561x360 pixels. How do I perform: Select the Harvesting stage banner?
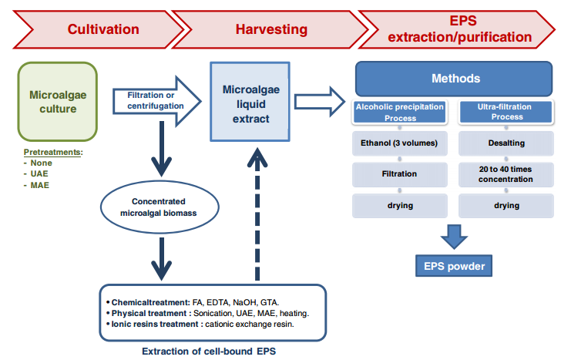click(270, 29)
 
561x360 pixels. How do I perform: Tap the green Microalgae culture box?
click(58, 102)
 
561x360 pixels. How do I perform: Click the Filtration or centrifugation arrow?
click(156, 101)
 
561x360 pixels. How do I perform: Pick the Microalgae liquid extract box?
click(250, 102)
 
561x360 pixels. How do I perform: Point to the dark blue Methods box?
click(454, 79)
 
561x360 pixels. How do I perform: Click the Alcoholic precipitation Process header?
click(400, 113)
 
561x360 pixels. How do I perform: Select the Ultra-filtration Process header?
click(506, 113)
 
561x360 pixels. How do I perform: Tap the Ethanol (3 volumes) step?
click(400, 143)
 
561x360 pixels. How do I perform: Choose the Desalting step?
click(506, 143)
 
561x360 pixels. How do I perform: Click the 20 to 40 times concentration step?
click(506, 174)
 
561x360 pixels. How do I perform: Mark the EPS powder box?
click(454, 266)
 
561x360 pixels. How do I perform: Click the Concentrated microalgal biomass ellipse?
click(160, 207)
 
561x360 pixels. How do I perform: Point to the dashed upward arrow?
click(257, 214)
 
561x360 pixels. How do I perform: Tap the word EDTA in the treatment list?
click(217, 302)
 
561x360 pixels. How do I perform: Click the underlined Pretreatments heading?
click(53, 152)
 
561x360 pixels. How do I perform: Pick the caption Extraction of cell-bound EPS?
click(209, 351)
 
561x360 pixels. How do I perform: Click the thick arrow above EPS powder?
click(454, 237)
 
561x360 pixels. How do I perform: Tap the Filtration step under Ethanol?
click(400, 174)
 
